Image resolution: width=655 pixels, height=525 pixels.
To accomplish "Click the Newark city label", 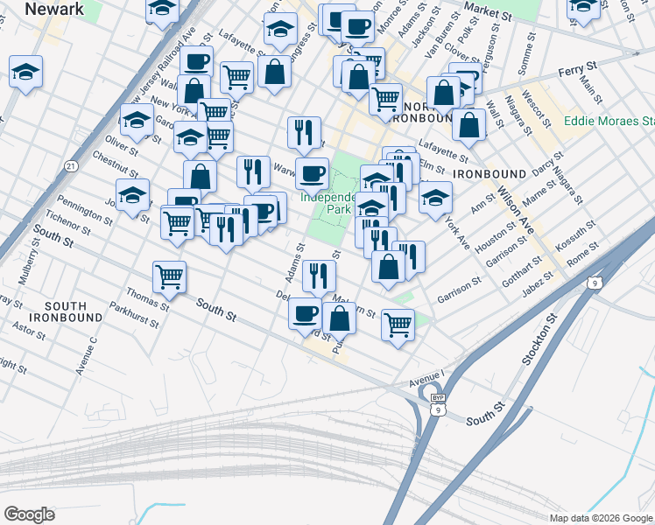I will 54,10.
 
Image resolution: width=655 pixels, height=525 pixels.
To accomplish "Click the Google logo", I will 30,514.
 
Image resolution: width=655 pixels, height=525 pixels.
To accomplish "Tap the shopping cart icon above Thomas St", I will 170,276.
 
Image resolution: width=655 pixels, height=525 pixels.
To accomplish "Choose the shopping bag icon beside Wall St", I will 469,124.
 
